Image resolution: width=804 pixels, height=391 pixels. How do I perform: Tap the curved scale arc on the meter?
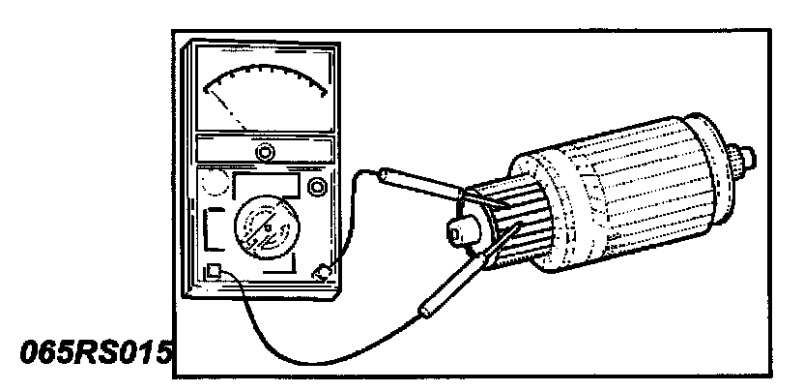pos(265,77)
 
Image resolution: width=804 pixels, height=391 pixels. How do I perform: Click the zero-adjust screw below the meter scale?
pos(264,151)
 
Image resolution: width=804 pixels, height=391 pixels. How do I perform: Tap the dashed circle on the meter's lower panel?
pos(216,184)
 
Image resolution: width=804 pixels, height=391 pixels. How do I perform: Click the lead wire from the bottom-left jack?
pos(290,330)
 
